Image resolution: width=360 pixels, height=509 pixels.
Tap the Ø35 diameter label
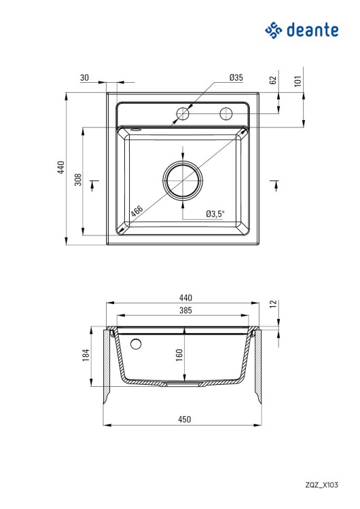236,78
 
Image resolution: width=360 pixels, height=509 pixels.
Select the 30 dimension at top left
84,78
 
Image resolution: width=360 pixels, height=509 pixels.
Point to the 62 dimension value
273,80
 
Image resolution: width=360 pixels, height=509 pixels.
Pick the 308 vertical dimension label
79,180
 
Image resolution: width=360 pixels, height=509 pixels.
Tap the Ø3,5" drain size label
215,214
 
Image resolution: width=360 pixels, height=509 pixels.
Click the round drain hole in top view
183,181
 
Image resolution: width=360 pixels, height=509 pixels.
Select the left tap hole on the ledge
183,113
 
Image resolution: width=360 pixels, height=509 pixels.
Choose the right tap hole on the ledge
226,113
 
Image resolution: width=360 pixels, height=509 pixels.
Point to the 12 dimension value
273,304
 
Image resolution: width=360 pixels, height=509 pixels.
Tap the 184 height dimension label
86,356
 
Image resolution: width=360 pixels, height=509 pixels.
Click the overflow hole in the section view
136,343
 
